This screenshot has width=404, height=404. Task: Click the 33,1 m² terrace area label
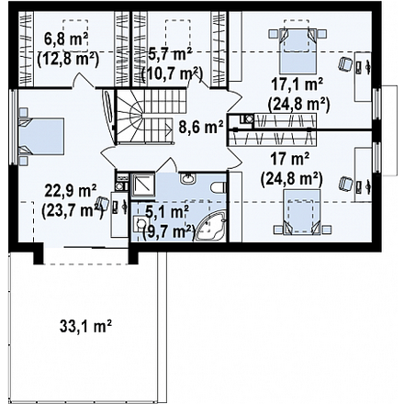[x=85, y=327]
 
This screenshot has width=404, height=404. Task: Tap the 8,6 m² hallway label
[x=201, y=128]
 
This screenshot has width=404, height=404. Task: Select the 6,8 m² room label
[x=66, y=39]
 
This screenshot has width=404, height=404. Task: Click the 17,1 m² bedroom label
[x=297, y=84]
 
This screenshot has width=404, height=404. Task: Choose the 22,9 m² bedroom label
[x=71, y=192]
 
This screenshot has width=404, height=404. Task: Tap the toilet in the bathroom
[x=219, y=186]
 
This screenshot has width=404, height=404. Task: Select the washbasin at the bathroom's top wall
[x=187, y=178]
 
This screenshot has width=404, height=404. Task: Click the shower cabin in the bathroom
[x=143, y=185]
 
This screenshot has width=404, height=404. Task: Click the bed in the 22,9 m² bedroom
[x=41, y=137]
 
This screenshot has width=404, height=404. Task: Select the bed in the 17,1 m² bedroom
[x=297, y=50]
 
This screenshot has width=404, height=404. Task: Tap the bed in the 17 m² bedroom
[x=302, y=212]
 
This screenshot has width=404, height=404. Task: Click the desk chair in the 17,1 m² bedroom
[x=345, y=64]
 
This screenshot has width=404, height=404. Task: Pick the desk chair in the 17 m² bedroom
[x=345, y=184]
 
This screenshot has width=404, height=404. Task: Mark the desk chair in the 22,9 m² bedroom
[x=102, y=203]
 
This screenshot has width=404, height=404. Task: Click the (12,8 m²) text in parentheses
[x=68, y=60]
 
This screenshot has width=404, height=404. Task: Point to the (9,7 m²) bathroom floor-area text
[x=169, y=232]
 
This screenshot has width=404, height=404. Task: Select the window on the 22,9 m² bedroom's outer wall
[x=12, y=128]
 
